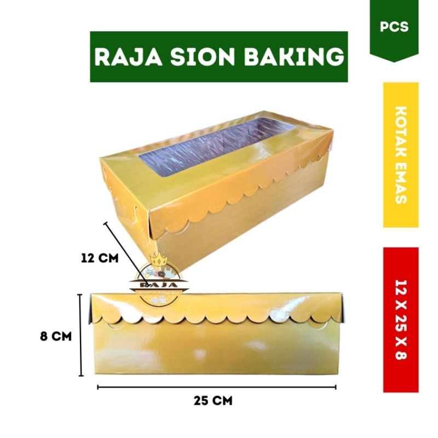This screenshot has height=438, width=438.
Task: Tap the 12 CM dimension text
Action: click(99, 258)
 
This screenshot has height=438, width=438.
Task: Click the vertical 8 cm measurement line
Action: click(81, 335)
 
